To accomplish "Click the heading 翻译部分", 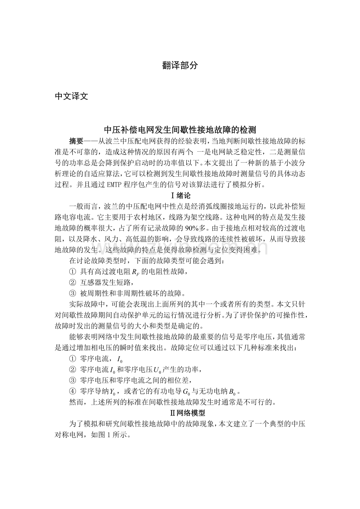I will pos(180,66).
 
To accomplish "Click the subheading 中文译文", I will pos(71,97).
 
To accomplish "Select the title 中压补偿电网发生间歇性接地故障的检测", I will pos(180,129).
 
